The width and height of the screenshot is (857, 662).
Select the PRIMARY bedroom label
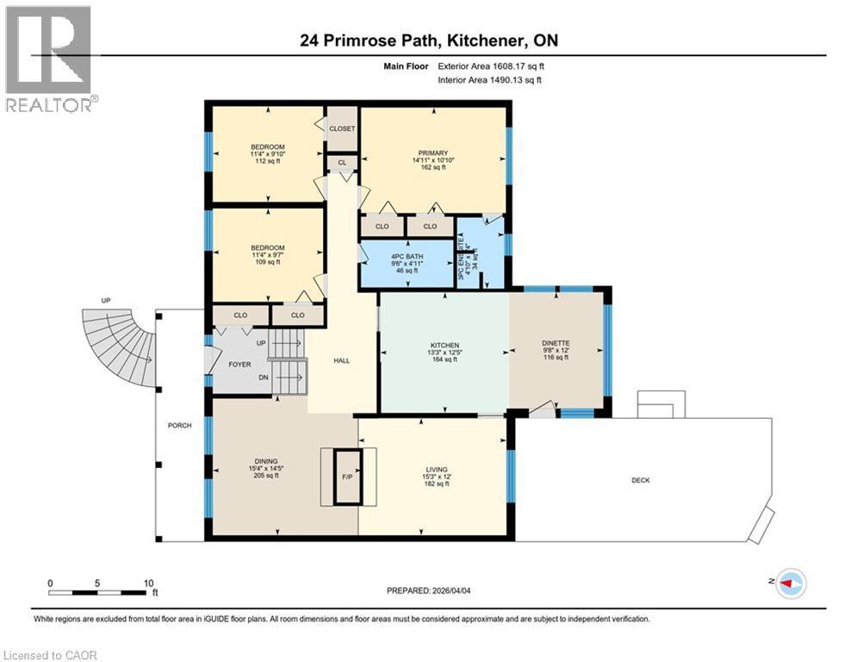(x=431, y=153)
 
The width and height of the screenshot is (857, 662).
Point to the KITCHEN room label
(x=444, y=345)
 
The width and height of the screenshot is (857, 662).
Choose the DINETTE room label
(x=556, y=343)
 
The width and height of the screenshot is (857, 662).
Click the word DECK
(x=638, y=480)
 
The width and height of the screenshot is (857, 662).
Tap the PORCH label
(x=179, y=426)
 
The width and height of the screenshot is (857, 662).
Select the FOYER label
(x=239, y=365)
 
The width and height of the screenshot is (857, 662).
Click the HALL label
(x=341, y=360)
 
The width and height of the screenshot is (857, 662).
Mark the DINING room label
(x=266, y=461)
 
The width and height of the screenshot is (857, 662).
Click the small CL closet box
(x=341, y=162)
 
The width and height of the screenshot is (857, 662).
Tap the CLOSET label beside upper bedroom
(x=342, y=128)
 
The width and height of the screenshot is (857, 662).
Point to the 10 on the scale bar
(x=147, y=583)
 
